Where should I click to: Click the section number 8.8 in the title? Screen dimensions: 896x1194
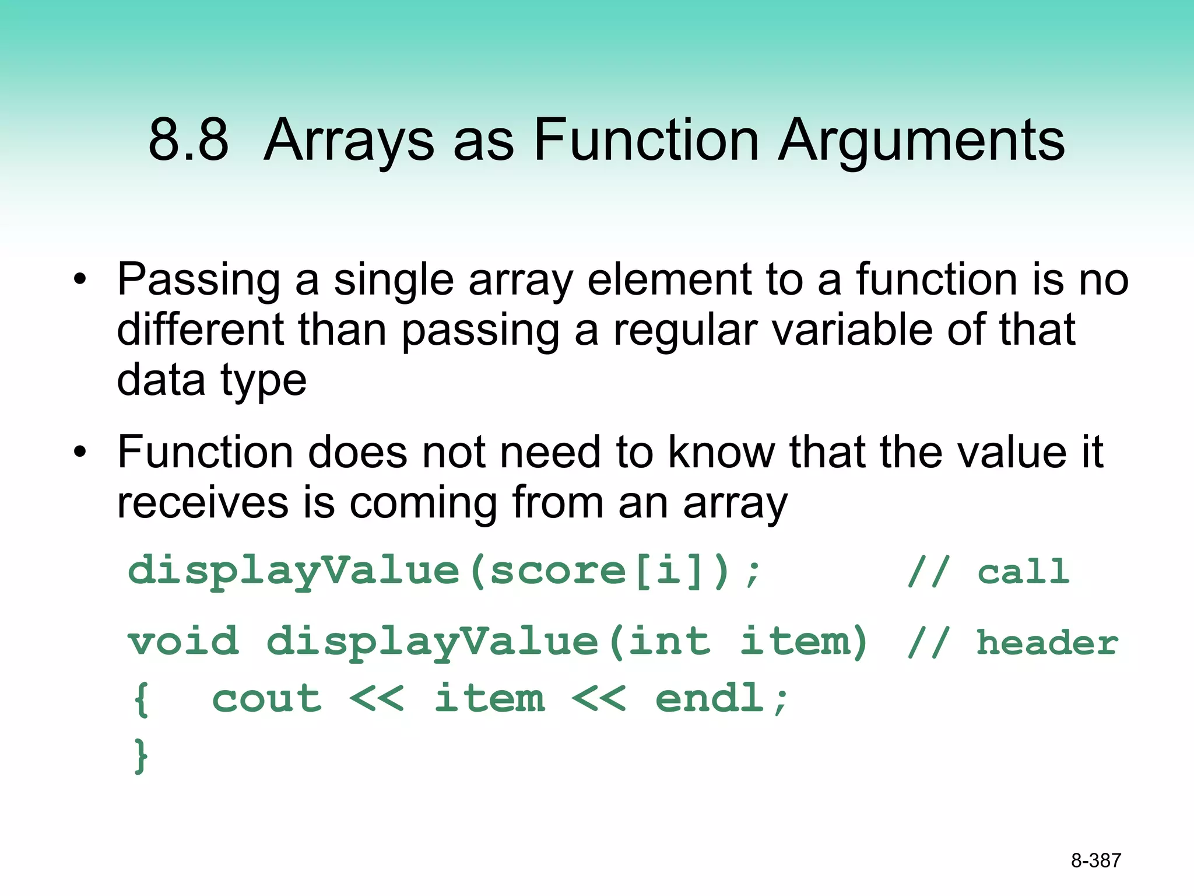click(188, 140)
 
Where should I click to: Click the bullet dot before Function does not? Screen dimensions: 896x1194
click(80, 452)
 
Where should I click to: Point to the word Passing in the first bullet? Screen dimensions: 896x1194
click(199, 281)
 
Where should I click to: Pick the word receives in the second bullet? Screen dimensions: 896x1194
click(202, 503)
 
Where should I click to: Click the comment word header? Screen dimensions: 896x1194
click(1047, 643)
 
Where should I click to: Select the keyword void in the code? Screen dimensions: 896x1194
click(184, 642)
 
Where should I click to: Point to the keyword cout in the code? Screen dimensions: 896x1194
click(266, 698)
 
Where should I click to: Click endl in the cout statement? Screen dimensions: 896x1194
click(710, 698)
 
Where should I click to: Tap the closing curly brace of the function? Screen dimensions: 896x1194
click(141, 756)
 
